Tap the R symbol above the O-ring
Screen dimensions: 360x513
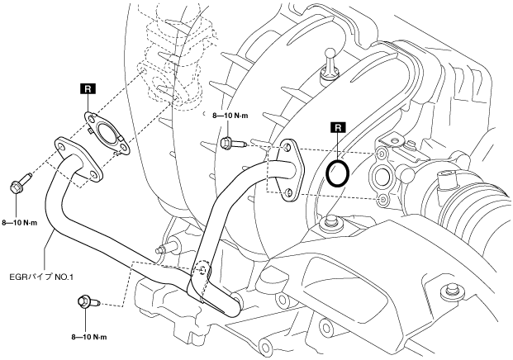336,128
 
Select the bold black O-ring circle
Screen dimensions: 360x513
336,173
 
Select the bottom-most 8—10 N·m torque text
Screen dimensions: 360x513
89,337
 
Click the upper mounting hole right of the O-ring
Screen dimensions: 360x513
381,154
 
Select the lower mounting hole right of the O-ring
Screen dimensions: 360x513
382,200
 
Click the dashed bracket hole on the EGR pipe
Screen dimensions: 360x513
201,270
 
